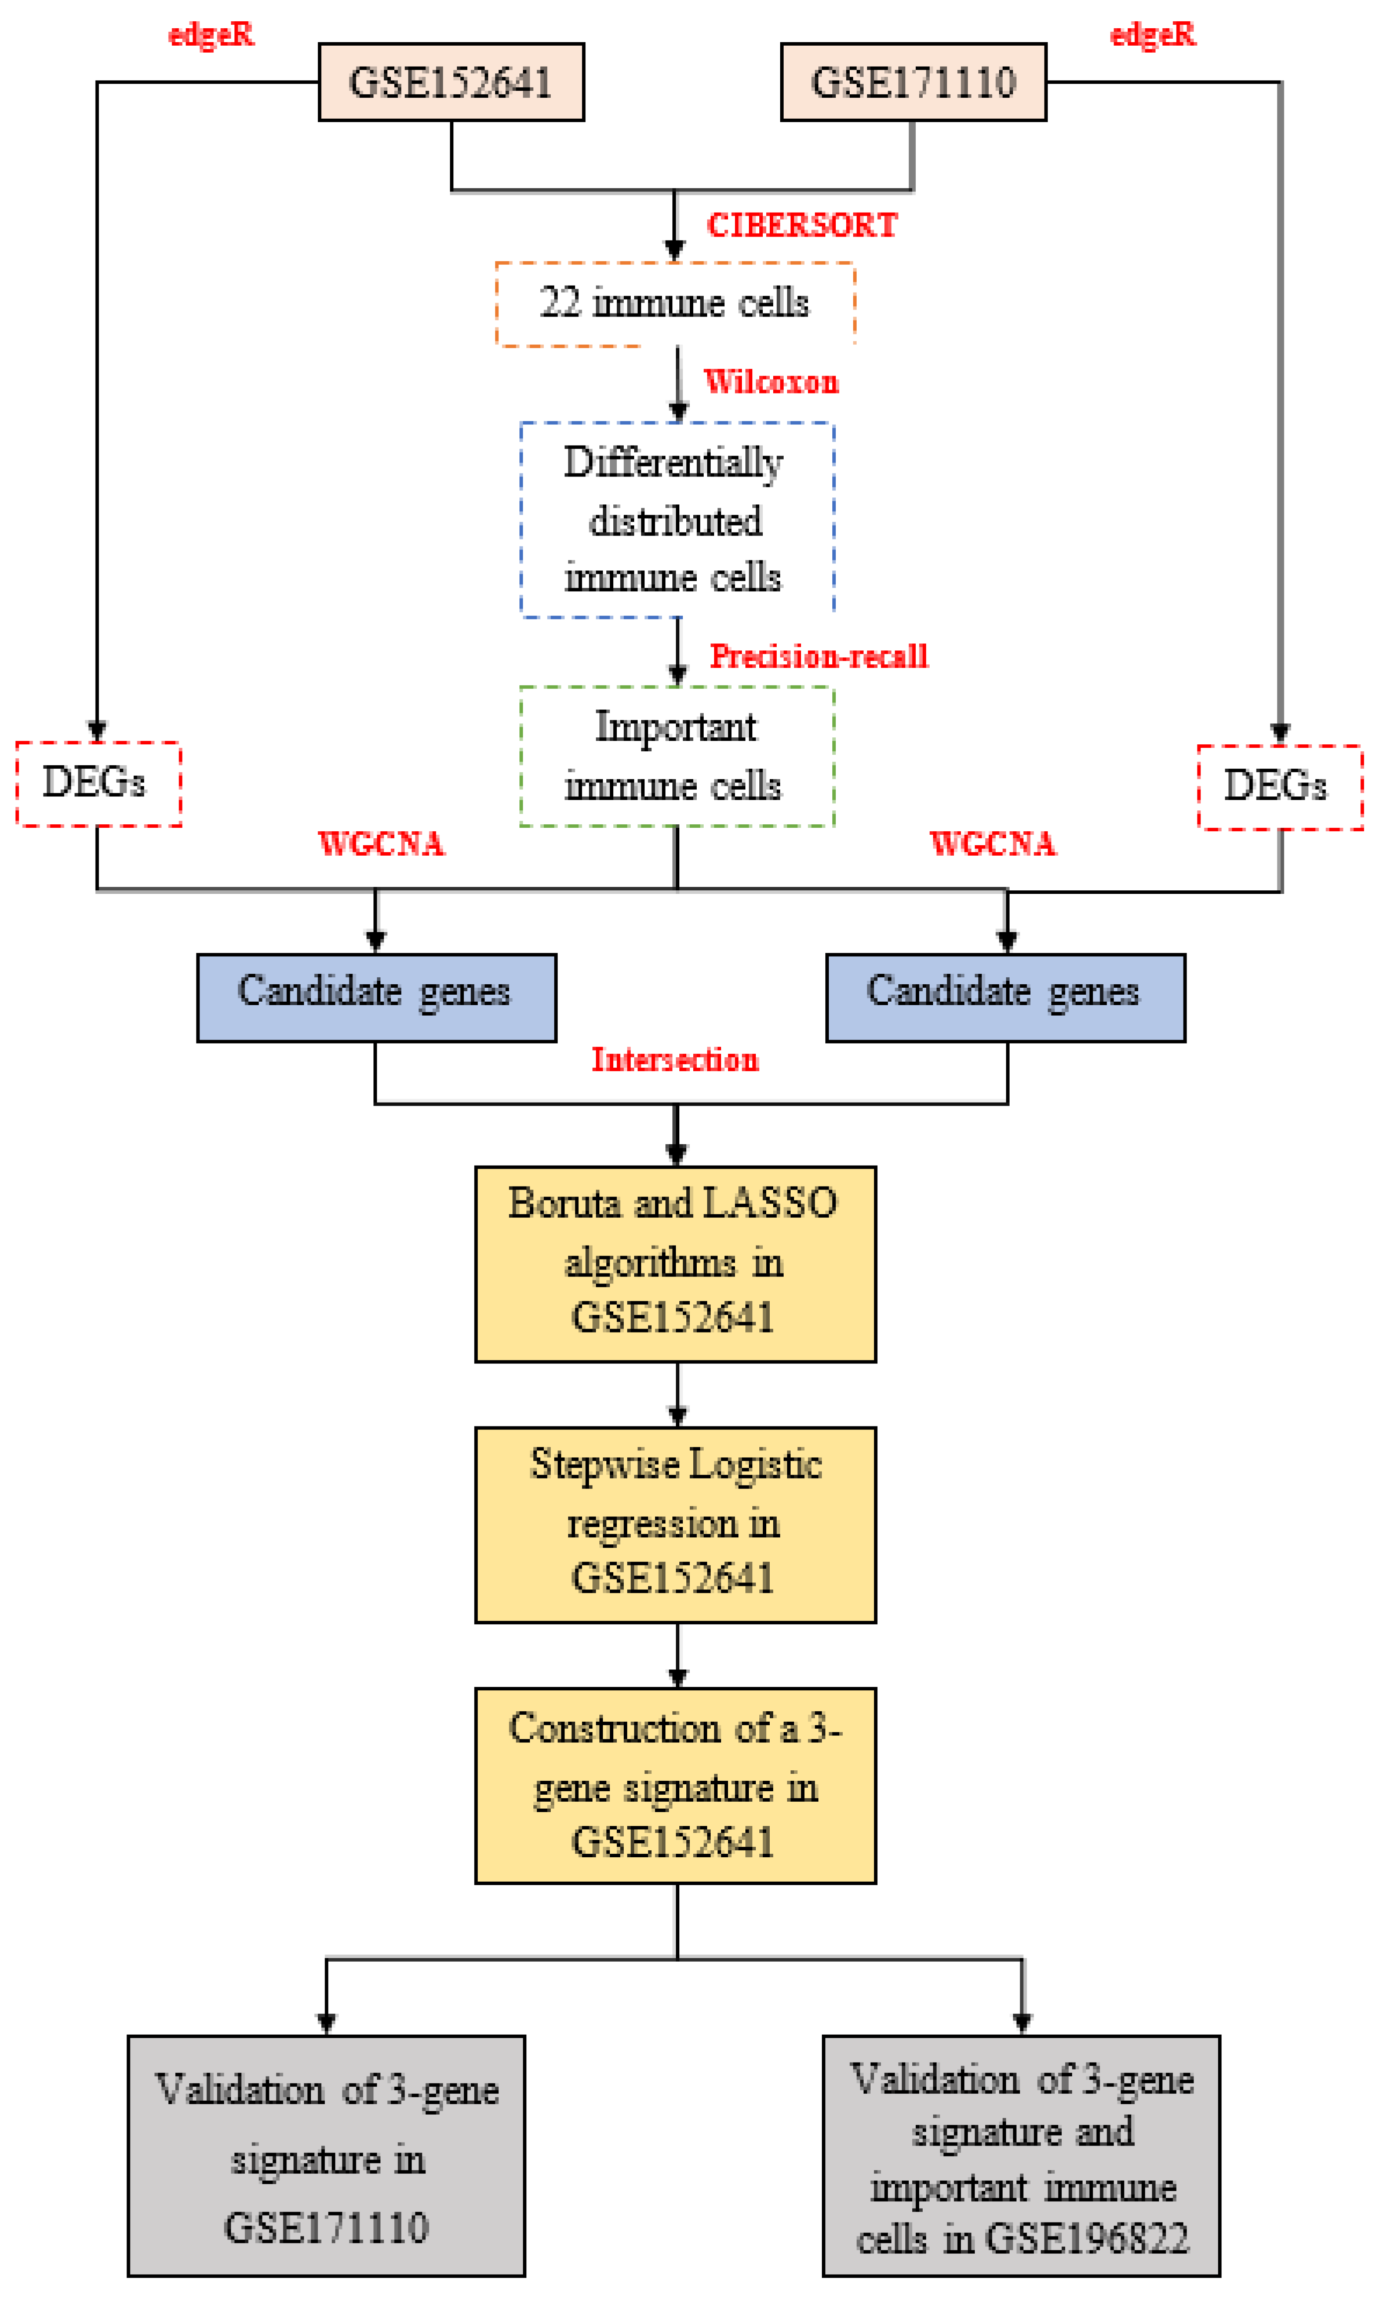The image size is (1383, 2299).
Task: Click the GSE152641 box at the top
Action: pyautogui.click(x=451, y=82)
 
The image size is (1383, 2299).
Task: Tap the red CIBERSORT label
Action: pyautogui.click(x=801, y=225)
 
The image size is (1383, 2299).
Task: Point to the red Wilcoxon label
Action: pyautogui.click(x=771, y=382)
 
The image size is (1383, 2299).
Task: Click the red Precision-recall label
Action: pyautogui.click(x=818, y=656)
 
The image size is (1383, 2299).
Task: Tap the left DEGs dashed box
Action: pyautogui.click(x=98, y=783)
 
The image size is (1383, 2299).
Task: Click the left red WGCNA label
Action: pyautogui.click(x=381, y=843)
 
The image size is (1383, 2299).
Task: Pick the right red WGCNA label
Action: pyautogui.click(x=993, y=843)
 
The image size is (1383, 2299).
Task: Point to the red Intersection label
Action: pyautogui.click(x=675, y=1060)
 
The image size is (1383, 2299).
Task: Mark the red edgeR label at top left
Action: pyautogui.click(x=211, y=34)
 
